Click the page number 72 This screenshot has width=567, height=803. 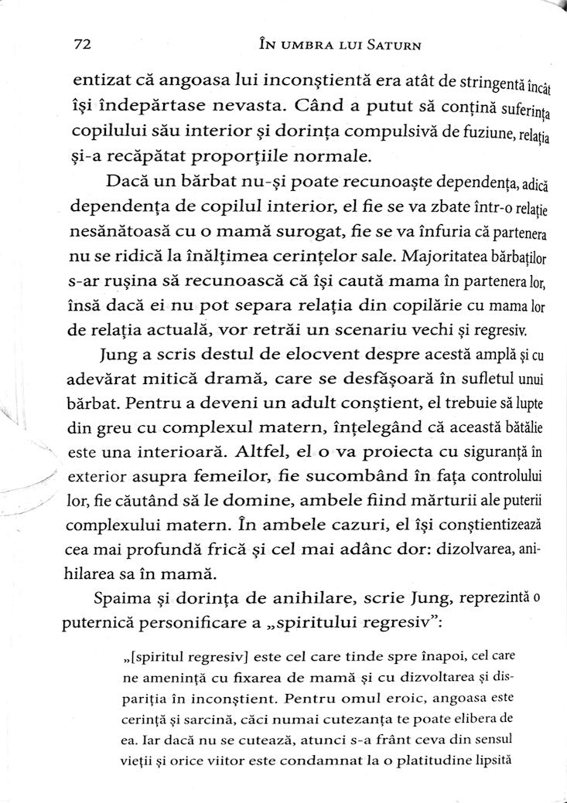coord(81,44)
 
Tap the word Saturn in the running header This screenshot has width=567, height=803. coord(391,45)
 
